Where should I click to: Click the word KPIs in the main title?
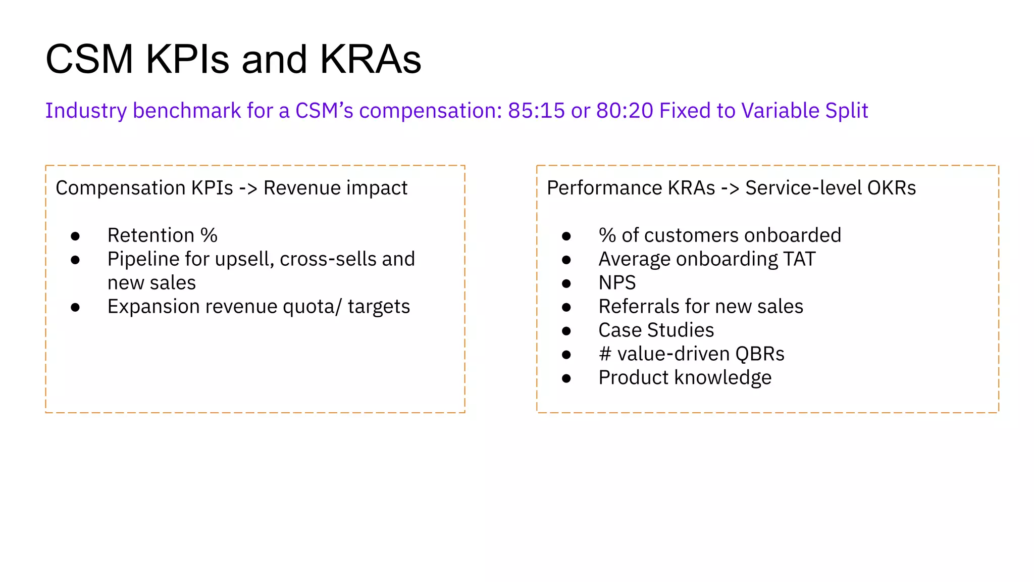point(187,60)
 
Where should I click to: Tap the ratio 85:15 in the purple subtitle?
point(536,111)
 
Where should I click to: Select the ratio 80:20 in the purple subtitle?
point(625,111)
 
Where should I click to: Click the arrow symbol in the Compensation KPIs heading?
point(248,188)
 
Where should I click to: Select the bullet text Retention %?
point(162,235)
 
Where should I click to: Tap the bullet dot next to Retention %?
point(75,236)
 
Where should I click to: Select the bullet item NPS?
point(617,283)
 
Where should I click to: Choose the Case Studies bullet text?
point(656,330)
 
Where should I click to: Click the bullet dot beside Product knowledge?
point(566,378)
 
